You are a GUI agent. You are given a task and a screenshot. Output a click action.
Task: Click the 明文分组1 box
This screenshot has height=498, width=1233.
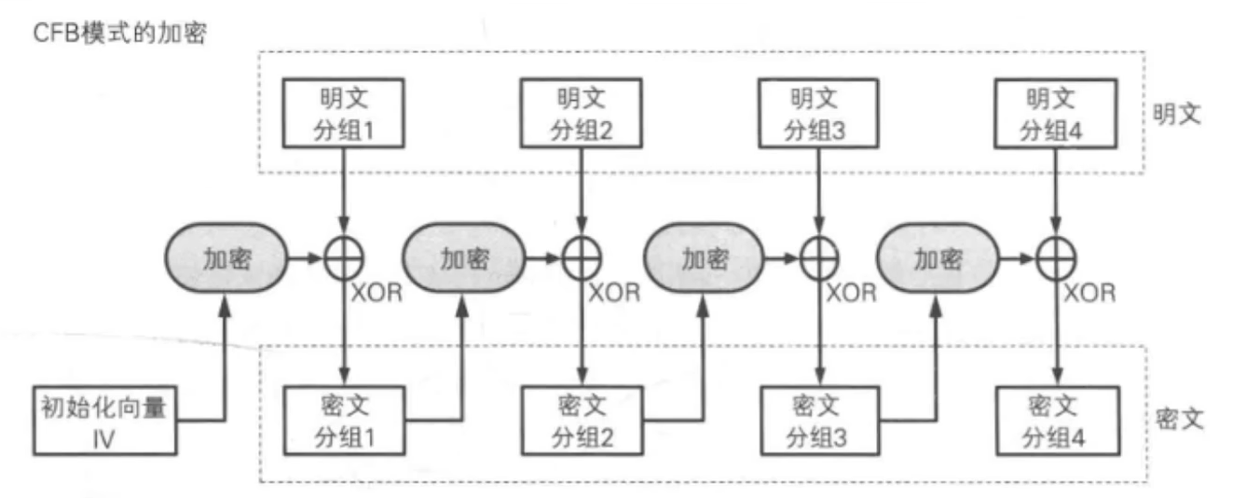coord(345,114)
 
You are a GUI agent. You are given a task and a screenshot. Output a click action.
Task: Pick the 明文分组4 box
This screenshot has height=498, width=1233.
coord(1057,114)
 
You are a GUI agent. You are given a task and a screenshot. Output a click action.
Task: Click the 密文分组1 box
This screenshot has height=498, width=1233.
coord(345,421)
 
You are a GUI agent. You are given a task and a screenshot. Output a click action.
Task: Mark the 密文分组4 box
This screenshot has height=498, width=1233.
coord(1057,421)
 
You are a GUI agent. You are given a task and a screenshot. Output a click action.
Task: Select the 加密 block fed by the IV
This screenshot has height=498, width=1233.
coord(225,259)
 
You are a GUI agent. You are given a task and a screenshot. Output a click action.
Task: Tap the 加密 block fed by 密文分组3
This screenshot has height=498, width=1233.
coord(938,259)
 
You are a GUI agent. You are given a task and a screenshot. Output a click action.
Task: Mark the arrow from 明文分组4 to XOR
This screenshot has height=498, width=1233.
coord(1057,191)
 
